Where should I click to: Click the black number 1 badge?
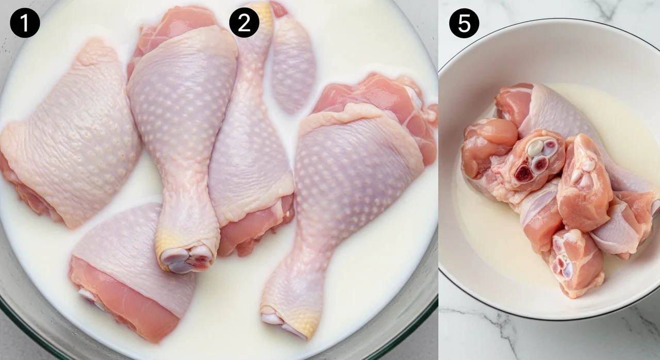click(x=25, y=23)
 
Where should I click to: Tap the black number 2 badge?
click(x=244, y=23)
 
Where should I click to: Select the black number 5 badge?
click(x=464, y=23)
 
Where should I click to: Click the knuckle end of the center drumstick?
click(x=187, y=259)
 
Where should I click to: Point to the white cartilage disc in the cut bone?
click(x=535, y=148)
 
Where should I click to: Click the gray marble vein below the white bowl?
click(x=489, y=327)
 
